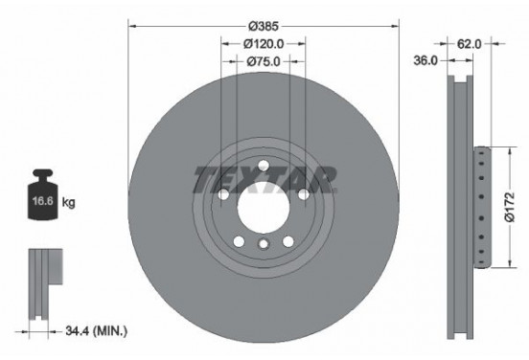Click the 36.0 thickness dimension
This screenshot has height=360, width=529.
point(426,59)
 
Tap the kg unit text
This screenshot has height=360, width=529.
point(68,203)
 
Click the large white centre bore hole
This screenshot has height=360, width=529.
point(263,202)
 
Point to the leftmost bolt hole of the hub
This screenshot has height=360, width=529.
point(222,194)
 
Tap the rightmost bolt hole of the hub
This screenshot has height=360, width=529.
point(303,194)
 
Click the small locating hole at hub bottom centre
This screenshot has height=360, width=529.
point(263,245)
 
